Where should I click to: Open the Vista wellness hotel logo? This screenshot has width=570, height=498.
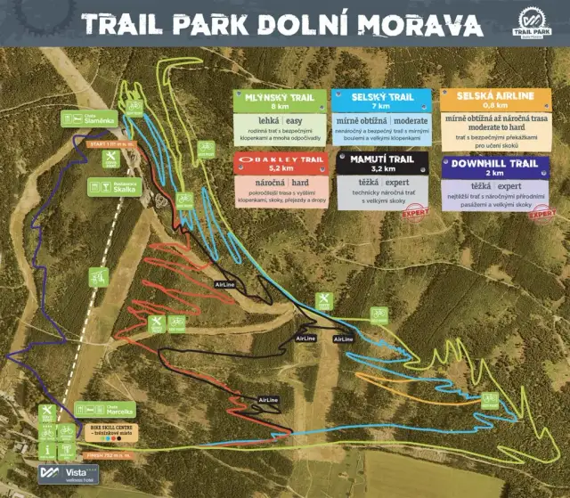[x=68, y=472]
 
